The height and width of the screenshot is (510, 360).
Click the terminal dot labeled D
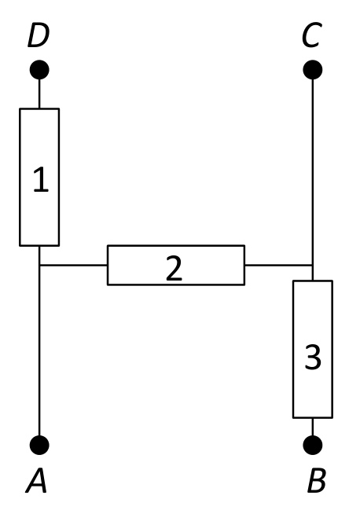[39, 70]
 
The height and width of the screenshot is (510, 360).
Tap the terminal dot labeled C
[313, 70]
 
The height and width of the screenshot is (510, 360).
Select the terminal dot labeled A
[39, 445]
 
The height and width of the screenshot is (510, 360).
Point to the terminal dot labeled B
[313, 445]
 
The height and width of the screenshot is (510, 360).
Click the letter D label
[39, 35]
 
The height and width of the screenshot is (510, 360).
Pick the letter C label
[312, 35]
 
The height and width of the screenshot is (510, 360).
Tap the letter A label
[36, 481]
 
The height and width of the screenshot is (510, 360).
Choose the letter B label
[317, 481]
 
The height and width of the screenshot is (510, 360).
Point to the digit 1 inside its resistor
[41, 179]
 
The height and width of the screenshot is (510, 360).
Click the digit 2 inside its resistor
[174, 268]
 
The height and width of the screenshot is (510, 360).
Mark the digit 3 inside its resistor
[313, 357]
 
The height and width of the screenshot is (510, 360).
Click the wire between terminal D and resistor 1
[39, 94]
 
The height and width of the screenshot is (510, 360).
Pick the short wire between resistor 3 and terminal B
[313, 427]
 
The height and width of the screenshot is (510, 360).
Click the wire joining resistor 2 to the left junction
[74, 265]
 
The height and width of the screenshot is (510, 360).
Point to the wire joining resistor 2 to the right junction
[278, 265]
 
